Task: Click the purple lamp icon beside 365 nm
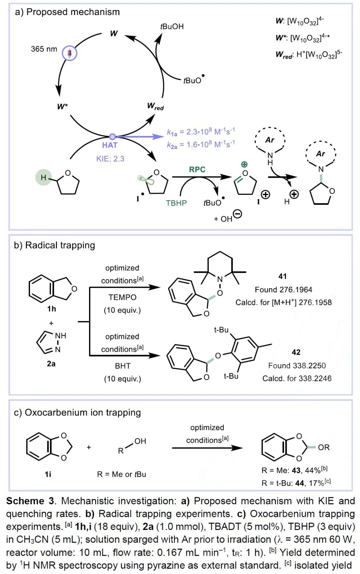(x=70, y=53)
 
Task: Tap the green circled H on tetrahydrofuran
(x=43, y=177)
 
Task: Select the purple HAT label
(x=110, y=145)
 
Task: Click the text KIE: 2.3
(x=110, y=159)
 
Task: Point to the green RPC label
(x=197, y=169)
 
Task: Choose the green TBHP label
(x=176, y=203)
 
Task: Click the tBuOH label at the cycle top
(x=172, y=27)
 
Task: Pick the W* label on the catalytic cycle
(x=62, y=107)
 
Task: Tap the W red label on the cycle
(x=155, y=106)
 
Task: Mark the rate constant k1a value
(x=201, y=132)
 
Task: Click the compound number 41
(x=283, y=276)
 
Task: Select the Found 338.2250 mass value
(x=297, y=366)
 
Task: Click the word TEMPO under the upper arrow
(x=122, y=297)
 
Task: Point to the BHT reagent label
(x=123, y=366)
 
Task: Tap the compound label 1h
(x=52, y=309)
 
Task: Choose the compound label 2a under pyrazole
(x=51, y=364)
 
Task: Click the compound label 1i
(x=48, y=474)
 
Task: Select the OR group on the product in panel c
(x=324, y=448)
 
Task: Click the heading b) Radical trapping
(x=55, y=245)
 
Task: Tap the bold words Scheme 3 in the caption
(x=30, y=501)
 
